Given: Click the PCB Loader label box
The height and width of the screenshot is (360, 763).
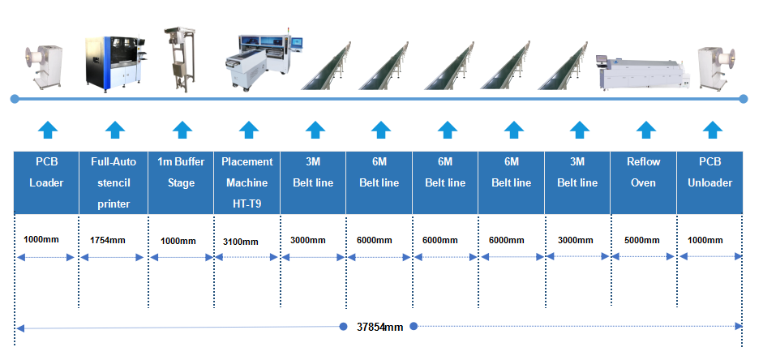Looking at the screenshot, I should click(46, 173).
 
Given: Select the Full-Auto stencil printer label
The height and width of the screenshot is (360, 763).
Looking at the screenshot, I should click(114, 182).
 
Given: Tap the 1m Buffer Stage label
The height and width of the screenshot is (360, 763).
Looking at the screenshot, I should click(181, 173).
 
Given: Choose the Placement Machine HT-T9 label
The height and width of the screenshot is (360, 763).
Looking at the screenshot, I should click(247, 182).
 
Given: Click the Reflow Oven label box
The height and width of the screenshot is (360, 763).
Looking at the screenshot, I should click(644, 173).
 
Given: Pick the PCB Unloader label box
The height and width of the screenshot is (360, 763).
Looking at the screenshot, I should click(711, 173).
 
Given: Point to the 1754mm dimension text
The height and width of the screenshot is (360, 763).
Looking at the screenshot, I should click(108, 240).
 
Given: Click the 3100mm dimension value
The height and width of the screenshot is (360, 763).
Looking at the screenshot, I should click(241, 241).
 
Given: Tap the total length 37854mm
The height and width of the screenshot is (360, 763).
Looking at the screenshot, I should click(379, 328).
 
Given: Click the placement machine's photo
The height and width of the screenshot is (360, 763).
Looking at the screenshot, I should click(262, 60).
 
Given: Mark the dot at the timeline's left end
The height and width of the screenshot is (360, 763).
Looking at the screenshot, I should click(15, 99).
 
